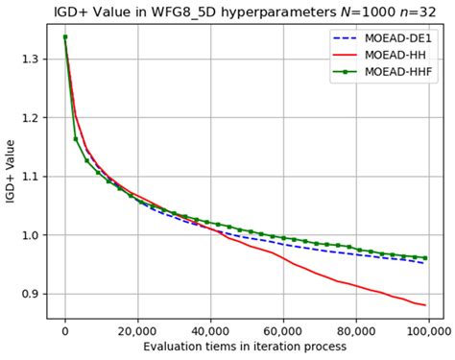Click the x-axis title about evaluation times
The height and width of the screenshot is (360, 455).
click(x=247, y=347)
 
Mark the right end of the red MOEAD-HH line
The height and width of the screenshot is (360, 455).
click(x=425, y=305)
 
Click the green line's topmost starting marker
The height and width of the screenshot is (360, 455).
click(x=64, y=37)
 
